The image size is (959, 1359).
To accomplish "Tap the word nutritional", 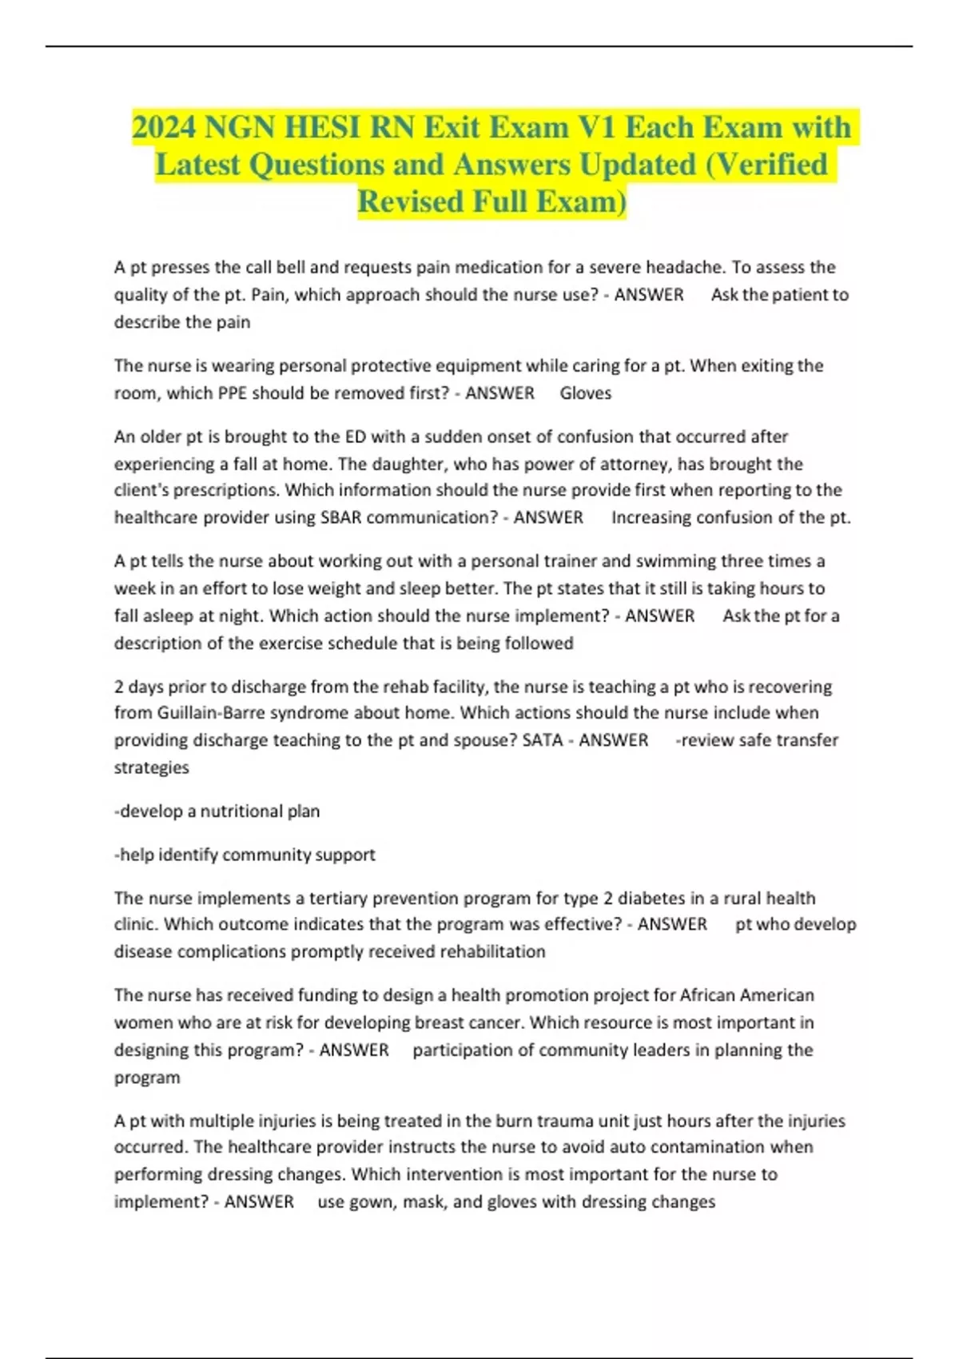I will point(241,811).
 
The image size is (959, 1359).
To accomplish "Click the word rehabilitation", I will point(487,952).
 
